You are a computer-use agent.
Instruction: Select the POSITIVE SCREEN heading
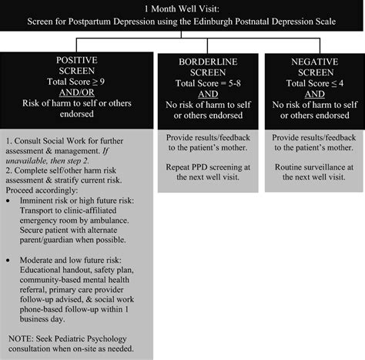click(77, 66)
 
